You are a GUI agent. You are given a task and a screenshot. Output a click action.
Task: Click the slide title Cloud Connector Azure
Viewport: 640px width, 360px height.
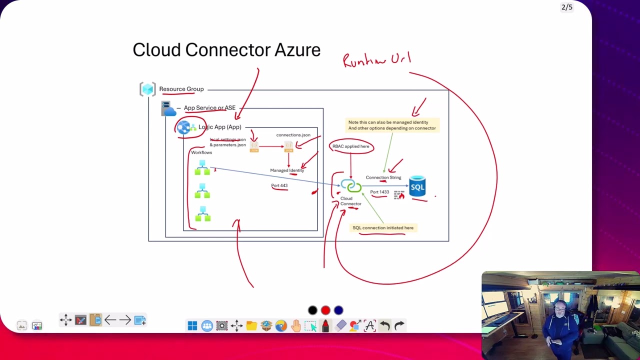pyautogui.click(x=226, y=50)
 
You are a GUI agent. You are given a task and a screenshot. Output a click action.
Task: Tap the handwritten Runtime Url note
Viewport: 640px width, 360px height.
pyautogui.click(x=376, y=60)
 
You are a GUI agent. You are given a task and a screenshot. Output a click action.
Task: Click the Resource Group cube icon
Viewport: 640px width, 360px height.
pyautogui.click(x=147, y=89)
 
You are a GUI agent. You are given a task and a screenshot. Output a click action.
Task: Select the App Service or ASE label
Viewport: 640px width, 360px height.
pyautogui.click(x=209, y=108)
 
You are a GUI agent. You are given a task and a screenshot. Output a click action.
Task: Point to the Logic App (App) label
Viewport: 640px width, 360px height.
pyautogui.click(x=219, y=127)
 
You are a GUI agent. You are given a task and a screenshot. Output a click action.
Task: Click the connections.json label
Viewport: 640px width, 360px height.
pyautogui.click(x=293, y=135)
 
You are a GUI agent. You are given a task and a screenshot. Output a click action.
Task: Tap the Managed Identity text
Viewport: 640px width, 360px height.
pyautogui.click(x=286, y=170)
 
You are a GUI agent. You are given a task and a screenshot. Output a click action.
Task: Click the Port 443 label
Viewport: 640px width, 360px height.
pyautogui.click(x=279, y=185)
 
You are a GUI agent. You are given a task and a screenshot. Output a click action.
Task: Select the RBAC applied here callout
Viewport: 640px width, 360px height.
pyautogui.click(x=351, y=146)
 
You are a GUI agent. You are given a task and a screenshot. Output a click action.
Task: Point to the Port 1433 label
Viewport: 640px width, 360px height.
pyautogui.click(x=379, y=192)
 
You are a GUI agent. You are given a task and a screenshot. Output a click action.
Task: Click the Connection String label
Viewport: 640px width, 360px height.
pyautogui.click(x=383, y=177)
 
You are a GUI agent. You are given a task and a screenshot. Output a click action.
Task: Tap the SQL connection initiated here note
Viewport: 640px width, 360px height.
pyautogui.click(x=383, y=228)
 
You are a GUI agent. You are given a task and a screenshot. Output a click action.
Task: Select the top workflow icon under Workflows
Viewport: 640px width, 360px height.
pyautogui.click(x=202, y=168)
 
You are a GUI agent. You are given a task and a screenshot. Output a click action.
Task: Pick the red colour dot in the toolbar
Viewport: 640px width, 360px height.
pyautogui.click(x=325, y=310)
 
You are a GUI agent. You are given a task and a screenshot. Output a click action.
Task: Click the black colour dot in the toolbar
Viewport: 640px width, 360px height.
pyautogui.click(x=312, y=310)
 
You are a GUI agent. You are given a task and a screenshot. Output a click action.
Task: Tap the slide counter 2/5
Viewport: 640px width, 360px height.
pyautogui.click(x=567, y=7)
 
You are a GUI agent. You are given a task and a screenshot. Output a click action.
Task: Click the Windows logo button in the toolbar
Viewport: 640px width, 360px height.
pyautogui.click(x=192, y=326)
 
